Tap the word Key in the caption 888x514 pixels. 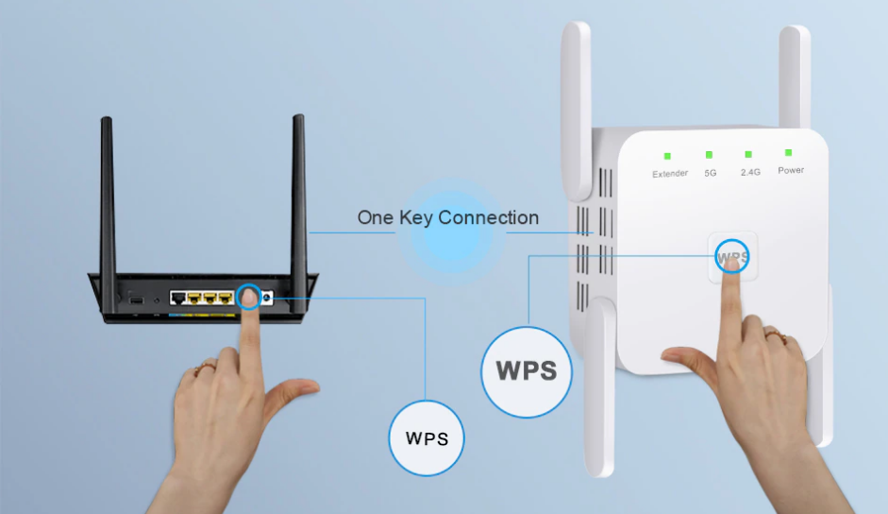pos(414,218)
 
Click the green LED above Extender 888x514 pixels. pos(667,156)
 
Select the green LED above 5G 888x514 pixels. pos(709,155)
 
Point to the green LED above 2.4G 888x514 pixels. pos(748,154)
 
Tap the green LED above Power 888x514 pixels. pos(789,152)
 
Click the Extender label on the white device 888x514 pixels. pos(670,174)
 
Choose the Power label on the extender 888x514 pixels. pos(791,170)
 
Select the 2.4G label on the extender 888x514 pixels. pos(750,172)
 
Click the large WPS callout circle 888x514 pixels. pos(528,369)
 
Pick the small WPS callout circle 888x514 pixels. pos(427,438)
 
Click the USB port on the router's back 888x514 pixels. pos(138,300)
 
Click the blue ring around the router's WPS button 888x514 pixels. pos(250,297)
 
